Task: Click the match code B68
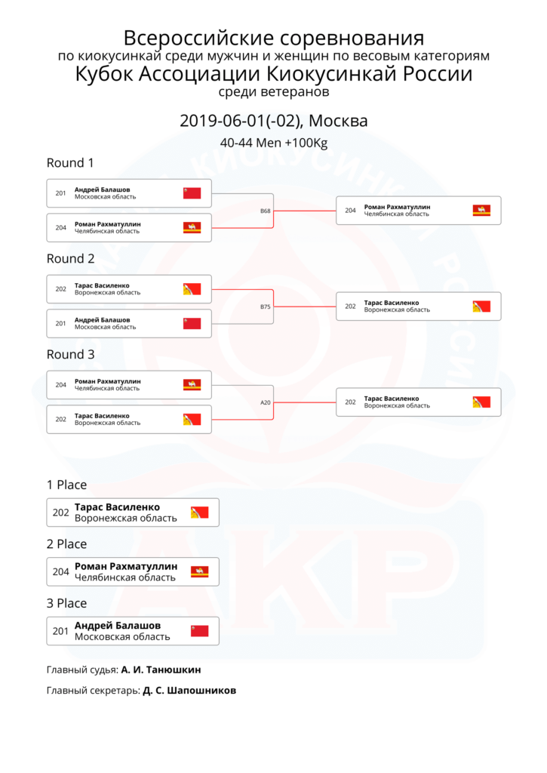click(265, 211)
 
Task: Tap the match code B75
click(265, 306)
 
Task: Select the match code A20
click(265, 402)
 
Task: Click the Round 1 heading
click(70, 163)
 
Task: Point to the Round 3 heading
click(70, 355)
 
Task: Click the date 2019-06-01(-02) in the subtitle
click(241, 121)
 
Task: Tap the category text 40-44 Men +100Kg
click(273, 143)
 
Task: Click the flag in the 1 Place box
click(200, 513)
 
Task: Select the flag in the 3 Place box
click(200, 631)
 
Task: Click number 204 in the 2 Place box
click(60, 572)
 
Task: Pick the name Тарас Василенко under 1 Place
click(117, 507)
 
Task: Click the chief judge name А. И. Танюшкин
click(161, 670)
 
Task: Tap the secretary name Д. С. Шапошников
click(189, 691)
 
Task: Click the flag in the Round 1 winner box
click(481, 211)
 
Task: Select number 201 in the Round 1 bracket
click(60, 193)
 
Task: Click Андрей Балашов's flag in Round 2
click(192, 323)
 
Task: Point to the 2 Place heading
click(66, 544)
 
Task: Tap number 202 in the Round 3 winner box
click(350, 402)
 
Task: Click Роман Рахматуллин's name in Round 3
click(107, 381)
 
